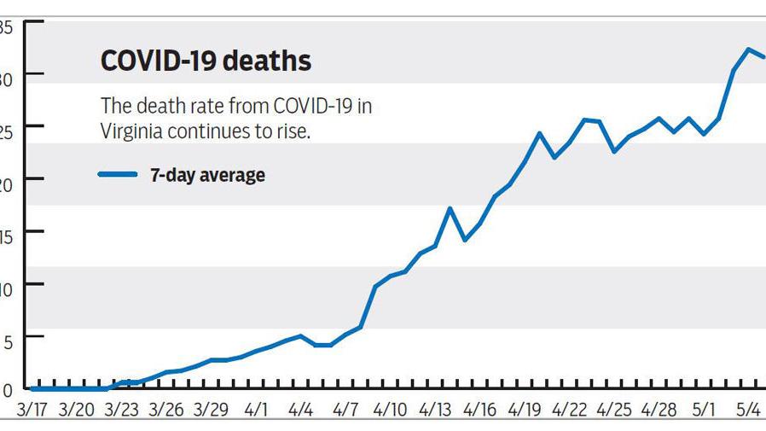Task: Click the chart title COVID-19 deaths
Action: pyautogui.click(x=206, y=61)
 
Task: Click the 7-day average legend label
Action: pyautogui.click(x=207, y=175)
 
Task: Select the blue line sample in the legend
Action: pyautogui.click(x=118, y=174)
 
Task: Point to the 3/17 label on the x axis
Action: pyautogui.click(x=32, y=410)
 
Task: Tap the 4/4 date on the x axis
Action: pyautogui.click(x=300, y=410)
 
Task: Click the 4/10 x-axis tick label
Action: pyautogui.click(x=390, y=410)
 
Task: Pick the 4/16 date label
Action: pyautogui.click(x=479, y=410)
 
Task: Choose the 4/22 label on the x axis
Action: pyautogui.click(x=569, y=410)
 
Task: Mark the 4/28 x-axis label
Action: pyautogui.click(x=659, y=410)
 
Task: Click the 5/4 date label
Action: pyautogui.click(x=747, y=410)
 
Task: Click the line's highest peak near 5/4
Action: pyautogui.click(x=748, y=50)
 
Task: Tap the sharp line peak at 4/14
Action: pyautogui.click(x=450, y=208)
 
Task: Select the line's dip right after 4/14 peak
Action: pyautogui.click(x=465, y=240)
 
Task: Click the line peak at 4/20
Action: pyautogui.click(x=539, y=133)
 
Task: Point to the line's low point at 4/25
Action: pyautogui.click(x=614, y=152)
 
